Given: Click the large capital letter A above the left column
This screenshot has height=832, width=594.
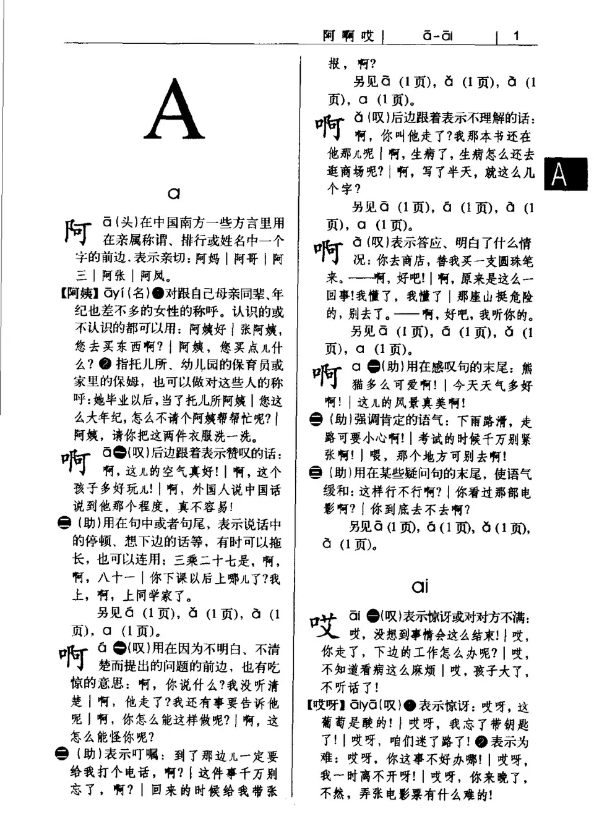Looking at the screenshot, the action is tap(174, 109).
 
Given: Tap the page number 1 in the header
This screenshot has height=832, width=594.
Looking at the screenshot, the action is tap(516, 36).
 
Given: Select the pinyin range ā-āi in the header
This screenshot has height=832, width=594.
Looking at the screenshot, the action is tap(437, 36).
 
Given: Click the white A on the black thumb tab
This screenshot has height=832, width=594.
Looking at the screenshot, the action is tap(559, 174).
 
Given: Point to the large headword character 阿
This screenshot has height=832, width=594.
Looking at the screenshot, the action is tap(80, 230).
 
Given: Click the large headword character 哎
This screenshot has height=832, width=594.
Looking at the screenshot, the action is tap(325, 625).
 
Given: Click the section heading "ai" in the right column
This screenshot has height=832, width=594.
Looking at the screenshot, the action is tap(420, 585).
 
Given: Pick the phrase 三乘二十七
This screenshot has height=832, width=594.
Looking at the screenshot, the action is tap(209, 561).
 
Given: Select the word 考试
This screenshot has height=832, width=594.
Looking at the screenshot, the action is tap(431, 439).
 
